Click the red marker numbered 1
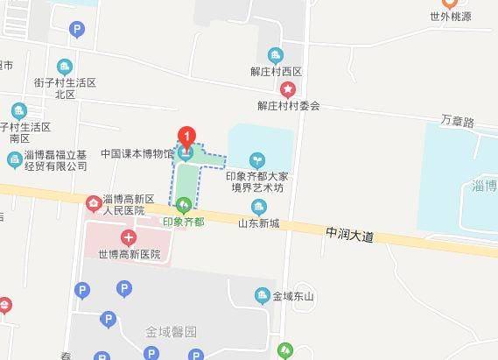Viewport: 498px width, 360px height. [x=186, y=137]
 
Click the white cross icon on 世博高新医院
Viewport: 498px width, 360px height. [x=129, y=236]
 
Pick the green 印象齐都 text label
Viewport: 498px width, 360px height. [x=184, y=222]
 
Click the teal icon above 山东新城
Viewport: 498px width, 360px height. [x=258, y=207]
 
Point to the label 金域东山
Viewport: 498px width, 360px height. [x=293, y=296]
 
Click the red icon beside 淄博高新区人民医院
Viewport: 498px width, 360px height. [x=93, y=204]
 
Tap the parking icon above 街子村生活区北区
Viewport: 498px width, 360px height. [x=78, y=31]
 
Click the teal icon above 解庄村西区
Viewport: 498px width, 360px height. [x=277, y=55]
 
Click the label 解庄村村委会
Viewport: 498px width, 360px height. [x=288, y=105]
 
